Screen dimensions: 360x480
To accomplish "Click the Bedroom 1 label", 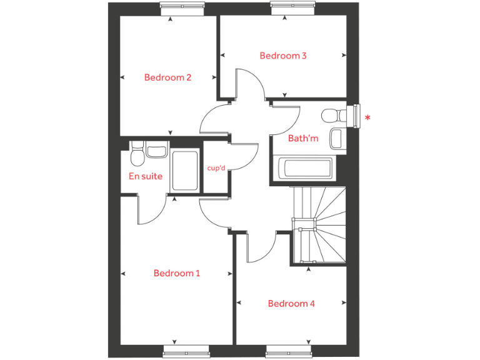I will tap(177, 273).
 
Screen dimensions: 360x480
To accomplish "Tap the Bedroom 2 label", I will tap(167, 77).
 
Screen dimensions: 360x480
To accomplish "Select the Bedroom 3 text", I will tap(283, 56).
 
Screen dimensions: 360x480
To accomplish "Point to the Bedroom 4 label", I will tap(291, 304).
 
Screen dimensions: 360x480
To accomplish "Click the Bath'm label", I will tap(303, 139).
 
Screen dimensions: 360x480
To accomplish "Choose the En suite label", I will tap(146, 176).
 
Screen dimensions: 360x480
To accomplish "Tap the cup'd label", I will tap(216, 168).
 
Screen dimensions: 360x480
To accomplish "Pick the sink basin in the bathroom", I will tap(337, 138).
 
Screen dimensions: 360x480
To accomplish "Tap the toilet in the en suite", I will tap(137, 152).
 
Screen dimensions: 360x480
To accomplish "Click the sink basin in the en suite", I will tap(156, 151).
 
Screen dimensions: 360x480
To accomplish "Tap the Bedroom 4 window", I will tap(289, 352).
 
